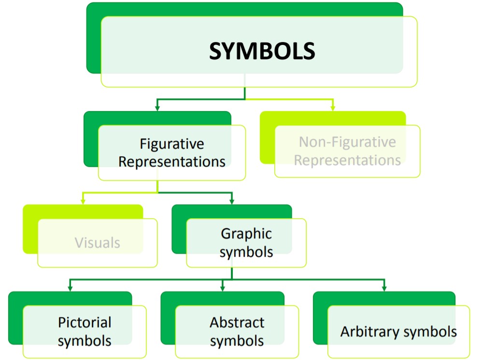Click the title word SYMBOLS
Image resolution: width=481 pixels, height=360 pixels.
click(x=262, y=51)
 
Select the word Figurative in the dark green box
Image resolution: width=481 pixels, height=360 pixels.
click(x=172, y=144)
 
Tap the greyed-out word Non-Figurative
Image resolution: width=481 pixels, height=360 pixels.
click(x=347, y=142)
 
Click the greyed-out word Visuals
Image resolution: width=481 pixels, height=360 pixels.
click(x=97, y=242)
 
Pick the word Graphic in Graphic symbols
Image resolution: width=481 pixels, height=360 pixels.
click(x=246, y=234)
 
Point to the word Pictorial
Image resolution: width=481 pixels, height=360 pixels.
click(x=85, y=322)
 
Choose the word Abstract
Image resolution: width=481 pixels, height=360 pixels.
click(x=237, y=322)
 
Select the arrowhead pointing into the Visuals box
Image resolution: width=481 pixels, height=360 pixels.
click(x=83, y=201)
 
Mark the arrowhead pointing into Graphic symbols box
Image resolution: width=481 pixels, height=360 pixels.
click(x=232, y=201)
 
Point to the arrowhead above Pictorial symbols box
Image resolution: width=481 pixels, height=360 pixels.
click(x=70, y=288)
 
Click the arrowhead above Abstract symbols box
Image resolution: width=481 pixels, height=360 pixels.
click(x=223, y=288)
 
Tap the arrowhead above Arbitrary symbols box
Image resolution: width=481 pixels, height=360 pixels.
click(x=384, y=288)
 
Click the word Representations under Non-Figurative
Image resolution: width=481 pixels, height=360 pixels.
click(x=347, y=160)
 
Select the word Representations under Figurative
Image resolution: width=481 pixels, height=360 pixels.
click(x=172, y=162)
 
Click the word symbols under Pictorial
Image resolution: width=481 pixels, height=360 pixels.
click(x=85, y=340)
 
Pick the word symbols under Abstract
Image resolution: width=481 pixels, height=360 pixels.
click(x=237, y=341)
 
